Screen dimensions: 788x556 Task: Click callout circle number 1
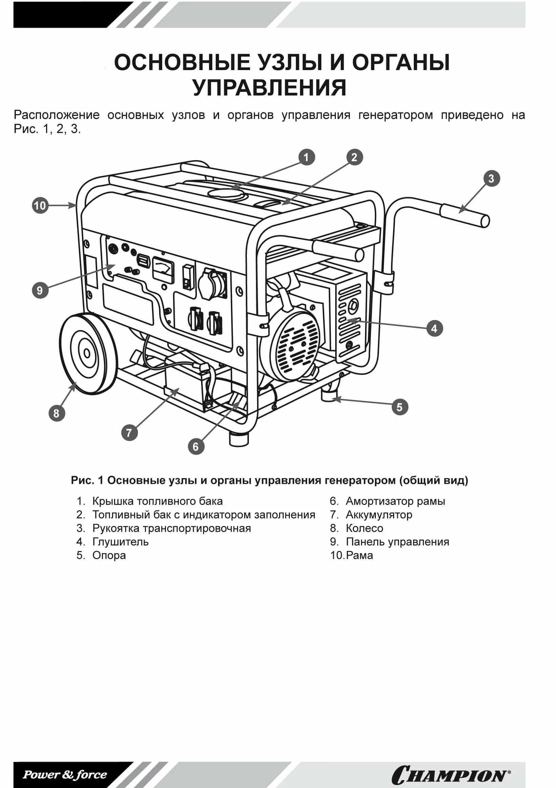pos(306,157)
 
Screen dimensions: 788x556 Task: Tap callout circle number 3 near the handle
pos(491,178)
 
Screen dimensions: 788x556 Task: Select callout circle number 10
pos(40,206)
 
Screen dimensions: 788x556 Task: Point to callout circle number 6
pos(196,447)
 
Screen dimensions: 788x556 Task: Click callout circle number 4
pos(434,328)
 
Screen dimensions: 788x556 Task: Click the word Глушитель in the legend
pos(120,541)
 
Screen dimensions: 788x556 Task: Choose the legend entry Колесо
pos(364,528)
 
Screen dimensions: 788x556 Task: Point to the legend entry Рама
pos(359,555)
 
